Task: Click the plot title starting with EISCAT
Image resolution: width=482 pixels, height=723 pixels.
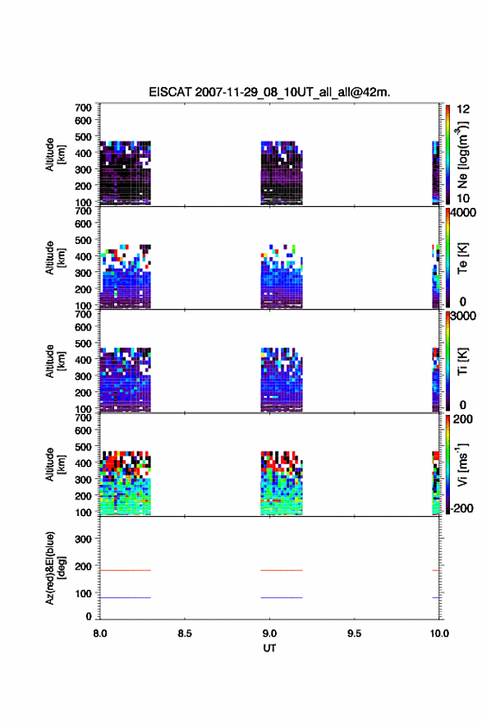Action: (x=269, y=92)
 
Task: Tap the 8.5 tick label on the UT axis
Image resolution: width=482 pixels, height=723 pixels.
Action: (x=185, y=633)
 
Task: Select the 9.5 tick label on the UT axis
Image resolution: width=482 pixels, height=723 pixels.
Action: (x=355, y=633)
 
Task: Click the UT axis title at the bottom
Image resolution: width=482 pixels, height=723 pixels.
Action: (x=269, y=648)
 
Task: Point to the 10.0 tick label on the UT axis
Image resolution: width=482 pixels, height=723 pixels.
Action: (x=439, y=633)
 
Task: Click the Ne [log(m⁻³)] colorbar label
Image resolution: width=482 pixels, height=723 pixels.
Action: (x=462, y=155)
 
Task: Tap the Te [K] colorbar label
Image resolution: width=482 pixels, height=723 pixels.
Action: (x=462, y=258)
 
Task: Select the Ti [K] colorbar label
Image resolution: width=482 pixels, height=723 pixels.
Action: (x=462, y=361)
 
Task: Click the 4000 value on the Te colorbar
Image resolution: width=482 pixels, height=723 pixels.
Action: (x=463, y=213)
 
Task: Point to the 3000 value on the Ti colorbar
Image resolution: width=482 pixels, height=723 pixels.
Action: (x=463, y=316)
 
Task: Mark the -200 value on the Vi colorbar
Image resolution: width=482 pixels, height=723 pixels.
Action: (x=461, y=508)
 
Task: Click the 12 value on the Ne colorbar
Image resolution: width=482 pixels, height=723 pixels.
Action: (x=463, y=109)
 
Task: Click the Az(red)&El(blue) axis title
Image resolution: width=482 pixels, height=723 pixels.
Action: (x=55, y=568)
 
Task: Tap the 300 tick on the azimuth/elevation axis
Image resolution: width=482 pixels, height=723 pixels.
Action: (x=83, y=539)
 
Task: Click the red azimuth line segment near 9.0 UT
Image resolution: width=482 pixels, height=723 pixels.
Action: (x=282, y=570)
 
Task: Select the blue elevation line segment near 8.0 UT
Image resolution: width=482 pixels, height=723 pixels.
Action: (x=126, y=597)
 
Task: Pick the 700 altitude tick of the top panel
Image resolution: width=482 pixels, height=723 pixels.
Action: (x=83, y=108)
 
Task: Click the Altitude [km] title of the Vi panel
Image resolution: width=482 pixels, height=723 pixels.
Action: (x=55, y=465)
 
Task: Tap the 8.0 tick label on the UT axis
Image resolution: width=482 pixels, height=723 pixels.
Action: (x=100, y=633)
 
